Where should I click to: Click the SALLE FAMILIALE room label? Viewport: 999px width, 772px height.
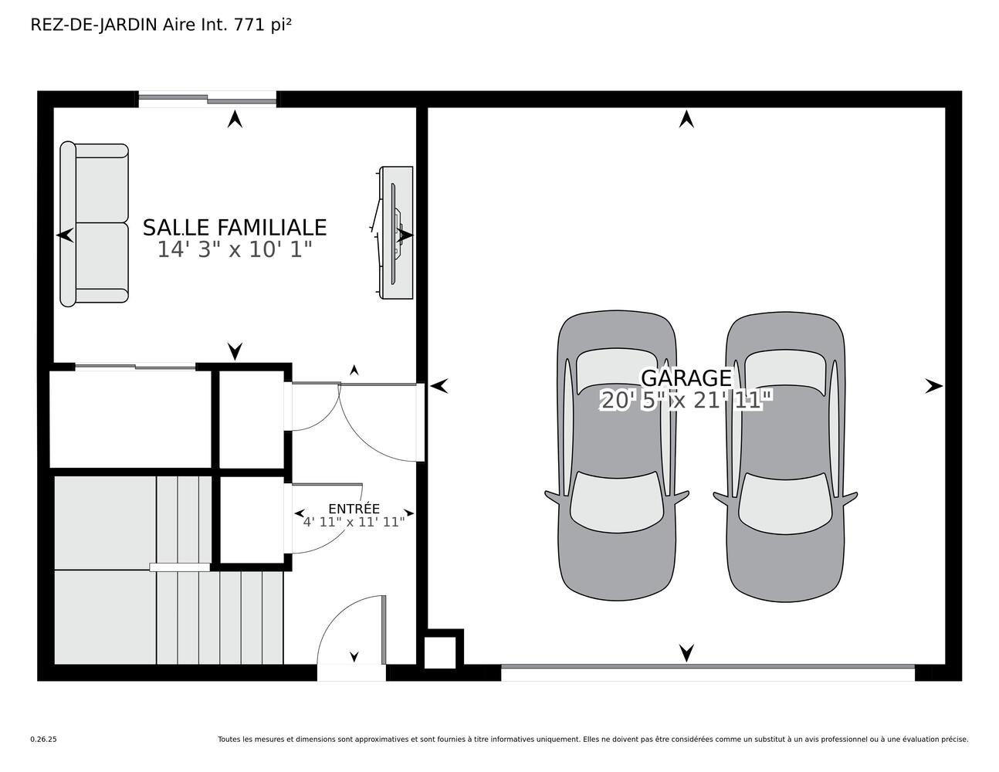(x=235, y=227)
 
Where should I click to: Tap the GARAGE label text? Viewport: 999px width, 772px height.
(x=686, y=378)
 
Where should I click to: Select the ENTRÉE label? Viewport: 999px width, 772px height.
(x=354, y=509)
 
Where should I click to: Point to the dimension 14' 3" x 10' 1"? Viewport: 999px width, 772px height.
(x=235, y=249)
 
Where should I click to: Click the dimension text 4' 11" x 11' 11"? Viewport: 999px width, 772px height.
(x=354, y=522)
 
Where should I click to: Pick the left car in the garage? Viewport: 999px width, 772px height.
(x=617, y=455)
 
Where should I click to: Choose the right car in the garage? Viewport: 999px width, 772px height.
(x=785, y=457)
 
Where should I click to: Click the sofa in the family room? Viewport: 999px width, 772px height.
(x=94, y=224)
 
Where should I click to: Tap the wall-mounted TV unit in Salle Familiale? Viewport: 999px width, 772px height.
(x=395, y=232)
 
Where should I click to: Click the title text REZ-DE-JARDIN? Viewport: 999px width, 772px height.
(x=93, y=25)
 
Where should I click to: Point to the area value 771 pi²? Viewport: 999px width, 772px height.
(x=262, y=25)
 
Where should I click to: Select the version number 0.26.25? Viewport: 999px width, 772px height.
(x=44, y=740)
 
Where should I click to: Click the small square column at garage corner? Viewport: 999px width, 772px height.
(x=439, y=652)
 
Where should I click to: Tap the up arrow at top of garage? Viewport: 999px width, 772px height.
(x=686, y=119)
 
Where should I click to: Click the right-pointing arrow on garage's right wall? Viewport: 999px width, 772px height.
(x=933, y=387)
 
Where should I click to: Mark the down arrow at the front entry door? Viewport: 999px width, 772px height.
(x=354, y=657)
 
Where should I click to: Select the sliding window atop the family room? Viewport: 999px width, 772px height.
(x=208, y=99)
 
